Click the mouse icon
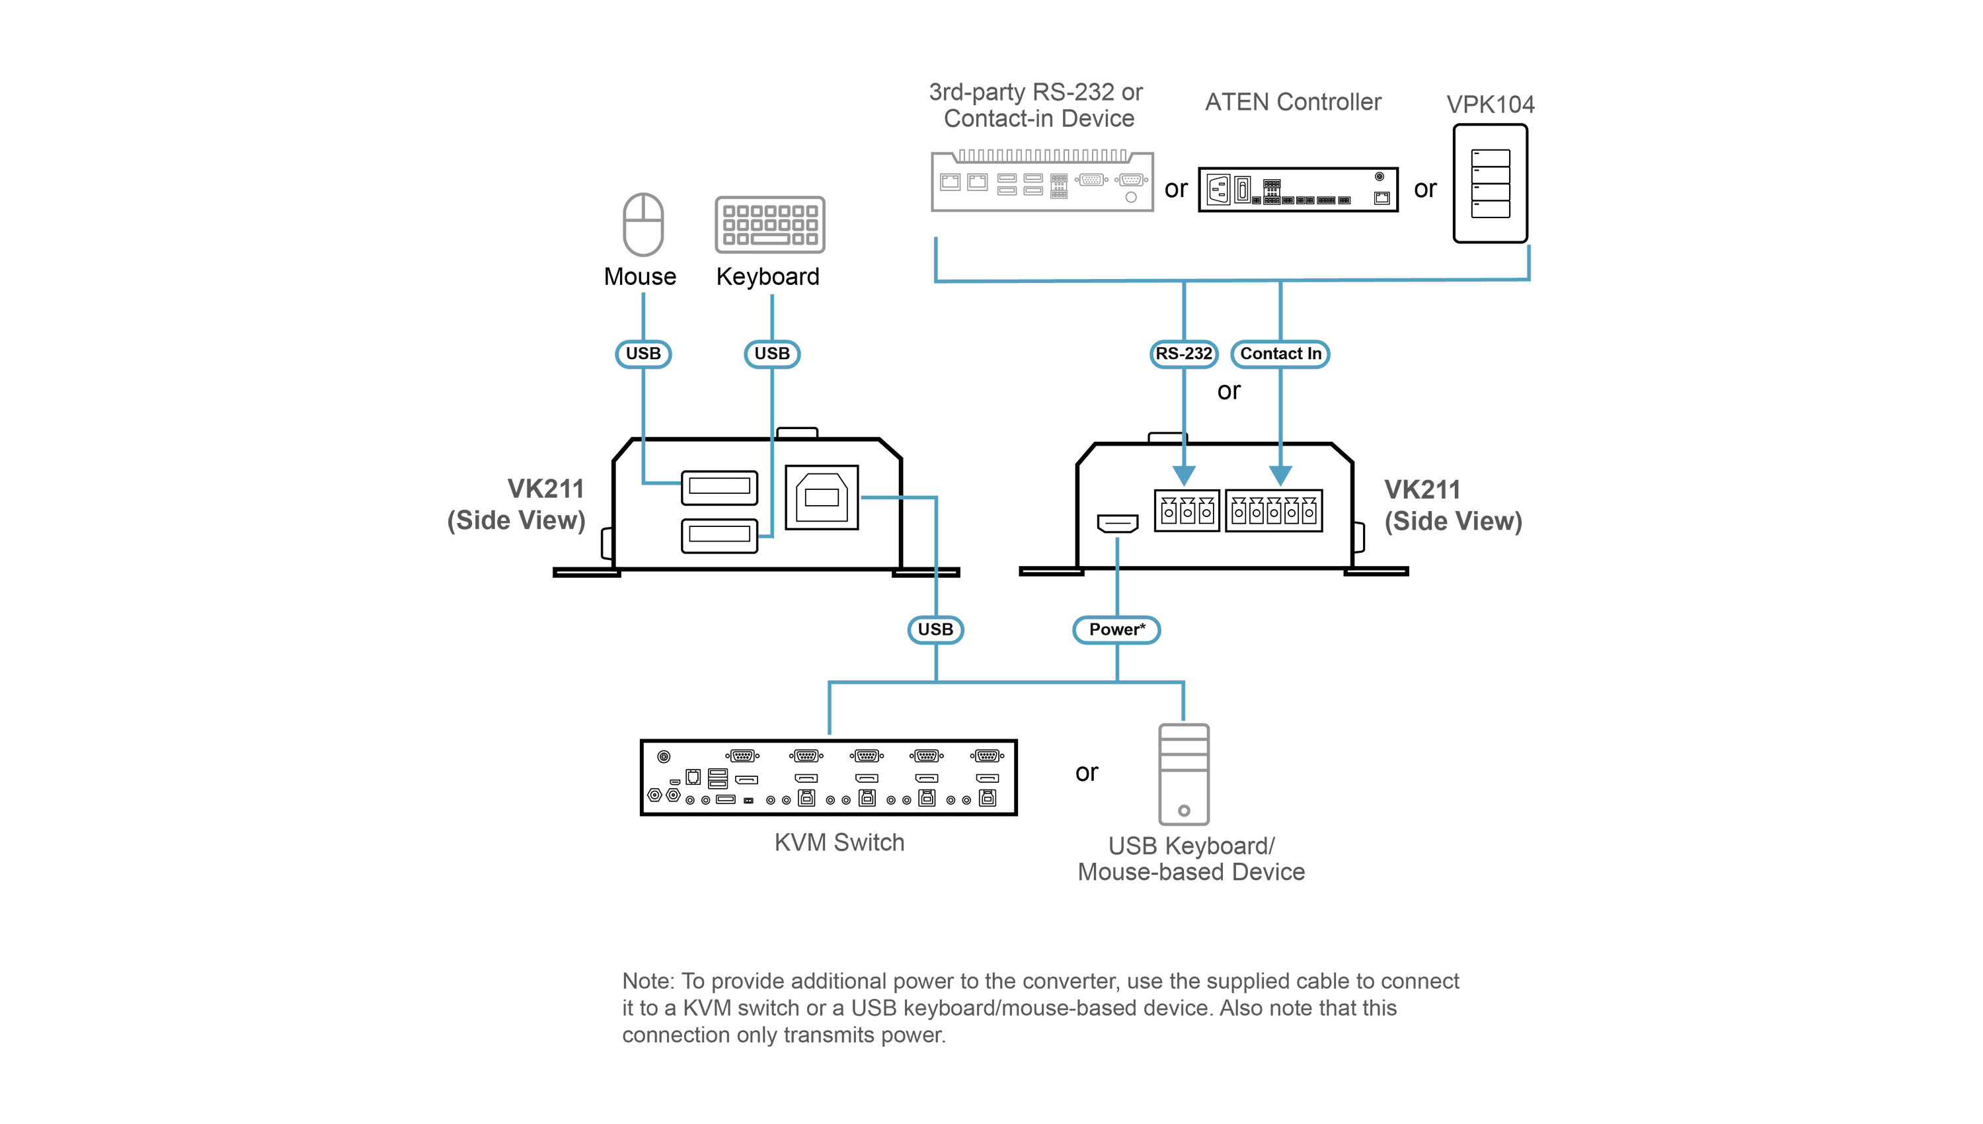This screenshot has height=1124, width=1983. coord(642,224)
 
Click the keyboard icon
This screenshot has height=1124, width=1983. coord(769,225)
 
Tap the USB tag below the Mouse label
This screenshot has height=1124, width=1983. coord(642,354)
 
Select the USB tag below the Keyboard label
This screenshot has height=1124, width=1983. coord(771,354)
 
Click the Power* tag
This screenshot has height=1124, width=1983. coord(1116,629)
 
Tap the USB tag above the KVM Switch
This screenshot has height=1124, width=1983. coord(935,629)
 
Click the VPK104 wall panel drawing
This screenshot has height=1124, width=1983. coord(1490,184)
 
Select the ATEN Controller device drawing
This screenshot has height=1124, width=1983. coord(1298,189)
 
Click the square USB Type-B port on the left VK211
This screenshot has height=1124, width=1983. coord(822,497)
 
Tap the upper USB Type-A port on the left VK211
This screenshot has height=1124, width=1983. coord(719,487)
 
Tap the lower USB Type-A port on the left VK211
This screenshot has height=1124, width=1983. coord(719,535)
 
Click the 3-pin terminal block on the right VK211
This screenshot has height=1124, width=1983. coord(1186,510)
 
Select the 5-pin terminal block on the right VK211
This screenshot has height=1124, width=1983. coord(1274,510)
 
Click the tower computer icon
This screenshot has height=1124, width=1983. coord(1184,774)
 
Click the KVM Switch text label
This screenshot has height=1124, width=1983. coord(839,842)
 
